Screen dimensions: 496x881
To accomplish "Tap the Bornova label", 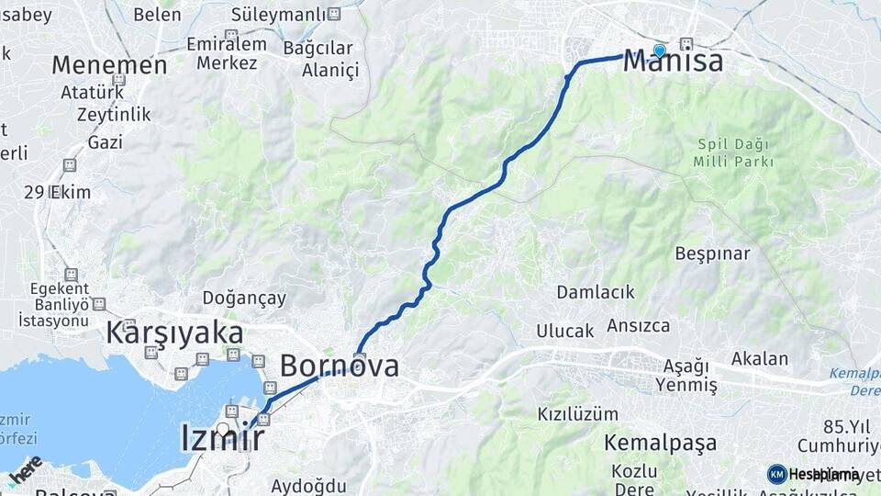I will click(x=339, y=366).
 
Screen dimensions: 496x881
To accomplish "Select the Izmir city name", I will click(x=223, y=438).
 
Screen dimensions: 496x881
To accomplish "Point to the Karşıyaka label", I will click(x=175, y=333).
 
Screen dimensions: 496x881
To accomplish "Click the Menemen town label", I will click(x=109, y=65).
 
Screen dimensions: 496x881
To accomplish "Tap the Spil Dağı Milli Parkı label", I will click(x=735, y=153).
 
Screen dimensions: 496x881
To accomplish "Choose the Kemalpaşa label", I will click(x=660, y=444).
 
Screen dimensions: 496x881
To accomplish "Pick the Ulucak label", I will click(x=565, y=331).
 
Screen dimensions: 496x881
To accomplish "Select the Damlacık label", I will click(x=596, y=292).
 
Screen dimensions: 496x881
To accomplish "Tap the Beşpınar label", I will click(x=712, y=254).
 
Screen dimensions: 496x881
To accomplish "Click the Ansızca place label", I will click(x=638, y=326).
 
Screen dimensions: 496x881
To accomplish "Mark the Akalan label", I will click(x=760, y=358).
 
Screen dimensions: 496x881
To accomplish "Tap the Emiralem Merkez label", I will click(x=227, y=54).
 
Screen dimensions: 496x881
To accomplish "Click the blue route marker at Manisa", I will click(x=659, y=51).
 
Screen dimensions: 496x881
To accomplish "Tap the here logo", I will click(x=25, y=469).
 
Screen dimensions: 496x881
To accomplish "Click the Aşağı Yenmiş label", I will click(x=687, y=376).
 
